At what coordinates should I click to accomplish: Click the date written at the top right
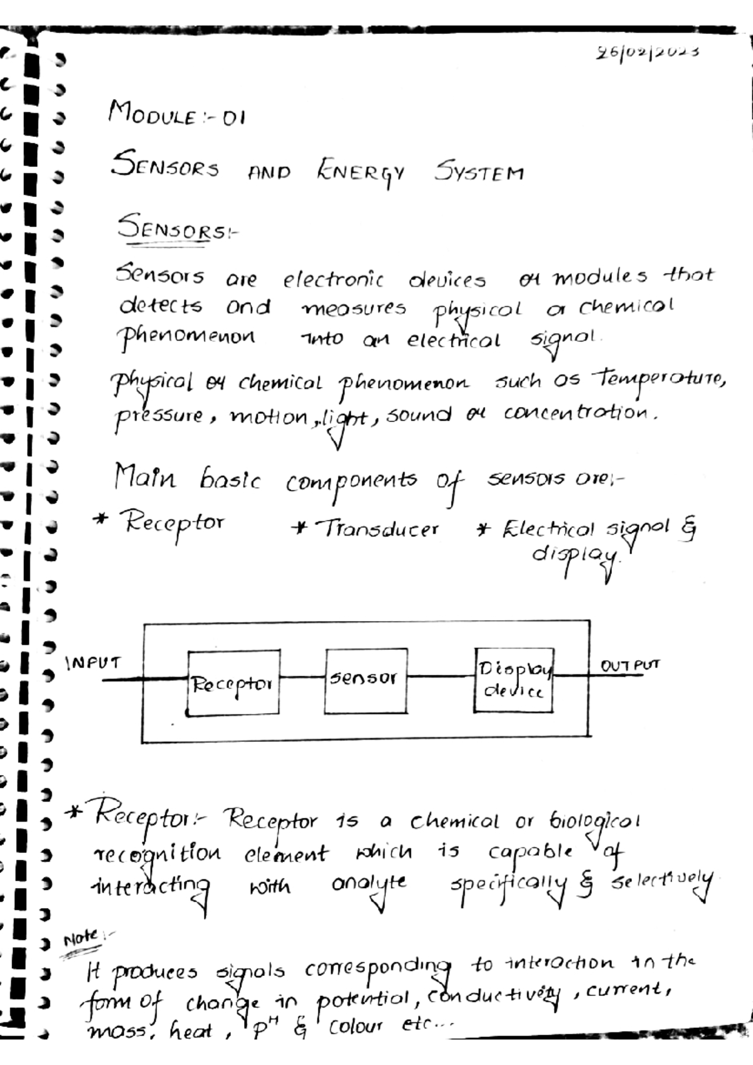pyautogui.click(x=648, y=53)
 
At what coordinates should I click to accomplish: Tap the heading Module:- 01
pyautogui.click(x=176, y=114)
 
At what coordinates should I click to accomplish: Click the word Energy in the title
pyautogui.click(x=361, y=172)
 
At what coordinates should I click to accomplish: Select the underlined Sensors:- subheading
pyautogui.click(x=177, y=228)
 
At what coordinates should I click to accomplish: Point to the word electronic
pyautogui.click(x=333, y=278)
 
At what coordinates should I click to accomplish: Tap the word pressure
pyautogui.click(x=159, y=416)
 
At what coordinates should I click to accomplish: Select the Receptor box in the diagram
pyautogui.click(x=233, y=682)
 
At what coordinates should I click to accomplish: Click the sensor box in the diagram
pyautogui.click(x=366, y=680)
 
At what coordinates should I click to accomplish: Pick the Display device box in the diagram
pyautogui.click(x=513, y=680)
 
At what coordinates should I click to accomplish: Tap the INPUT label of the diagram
pyautogui.click(x=93, y=663)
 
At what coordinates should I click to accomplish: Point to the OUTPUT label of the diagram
pyautogui.click(x=629, y=665)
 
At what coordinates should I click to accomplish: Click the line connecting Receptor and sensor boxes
pyautogui.click(x=302, y=677)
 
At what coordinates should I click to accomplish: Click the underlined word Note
pyautogui.click(x=80, y=938)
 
